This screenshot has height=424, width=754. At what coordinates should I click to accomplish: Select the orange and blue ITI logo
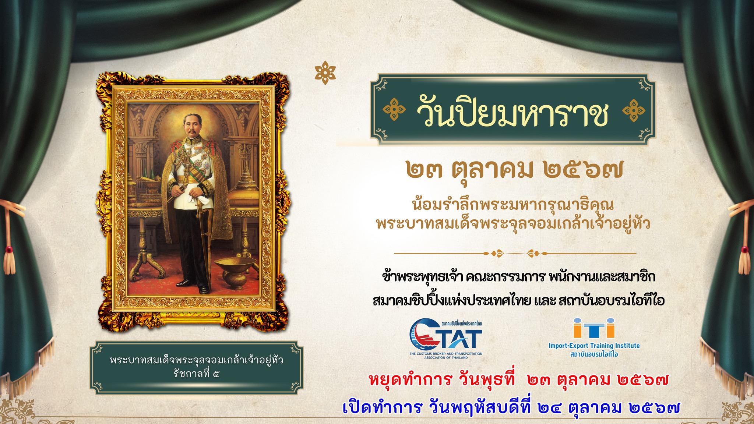pyautogui.click(x=594, y=328)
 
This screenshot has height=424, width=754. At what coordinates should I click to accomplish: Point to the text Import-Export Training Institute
pyautogui.click(x=594, y=346)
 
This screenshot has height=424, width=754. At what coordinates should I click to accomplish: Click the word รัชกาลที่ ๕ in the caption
pyautogui.click(x=197, y=374)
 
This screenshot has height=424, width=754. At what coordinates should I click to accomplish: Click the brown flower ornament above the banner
pyautogui.click(x=325, y=73)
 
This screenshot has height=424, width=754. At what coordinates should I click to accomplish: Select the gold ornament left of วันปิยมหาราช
pyautogui.click(x=394, y=110)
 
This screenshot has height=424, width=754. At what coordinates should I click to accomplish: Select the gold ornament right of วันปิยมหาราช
pyautogui.click(x=633, y=110)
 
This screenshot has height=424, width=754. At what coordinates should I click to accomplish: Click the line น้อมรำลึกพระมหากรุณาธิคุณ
pyautogui.click(x=513, y=204)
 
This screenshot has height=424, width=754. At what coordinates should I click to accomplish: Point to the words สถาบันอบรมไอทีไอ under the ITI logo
pyautogui.click(x=594, y=354)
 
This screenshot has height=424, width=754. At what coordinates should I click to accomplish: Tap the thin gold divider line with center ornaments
pyautogui.click(x=515, y=253)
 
